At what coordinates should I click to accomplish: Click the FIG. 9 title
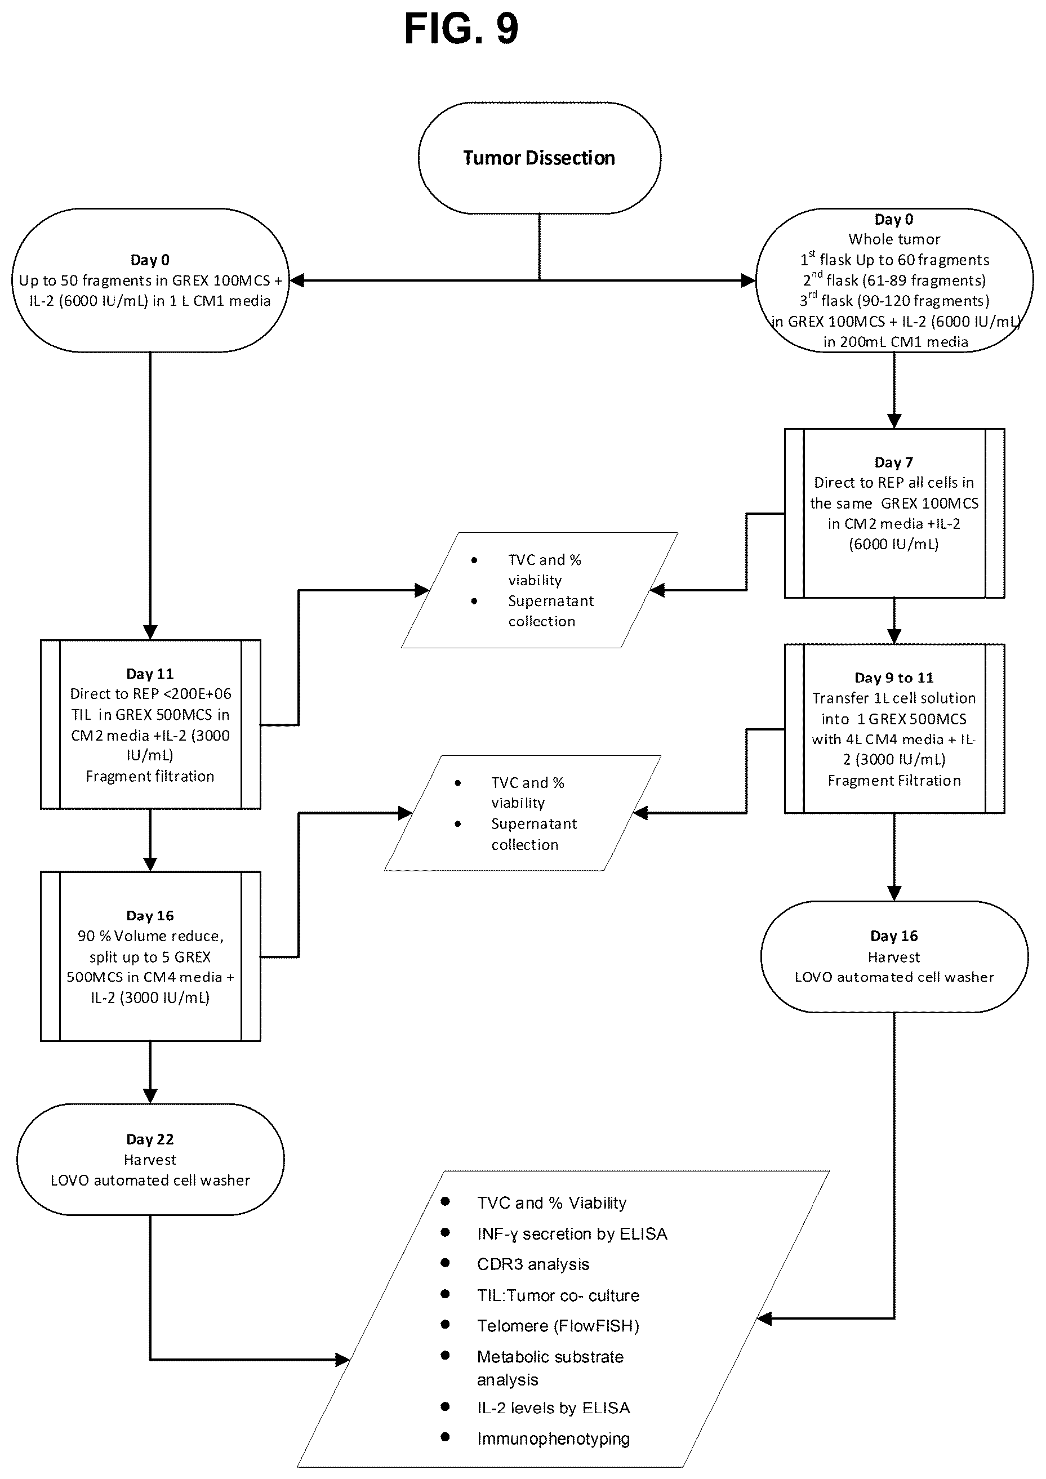(461, 29)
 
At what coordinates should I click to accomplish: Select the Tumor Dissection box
(539, 158)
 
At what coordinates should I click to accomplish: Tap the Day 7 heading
(893, 462)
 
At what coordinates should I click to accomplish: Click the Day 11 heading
(150, 674)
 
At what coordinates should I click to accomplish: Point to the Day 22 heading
(150, 1139)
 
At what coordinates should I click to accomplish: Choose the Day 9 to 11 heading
(894, 678)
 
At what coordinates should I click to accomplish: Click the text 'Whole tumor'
(894, 239)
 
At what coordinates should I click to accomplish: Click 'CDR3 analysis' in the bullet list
(533, 1264)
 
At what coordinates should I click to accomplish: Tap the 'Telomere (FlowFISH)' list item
(558, 1326)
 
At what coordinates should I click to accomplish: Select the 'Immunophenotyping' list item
(553, 1438)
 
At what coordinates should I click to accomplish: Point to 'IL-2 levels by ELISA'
(553, 1407)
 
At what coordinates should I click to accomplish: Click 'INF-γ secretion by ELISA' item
(572, 1233)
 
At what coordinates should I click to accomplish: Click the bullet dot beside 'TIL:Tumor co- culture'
(445, 1294)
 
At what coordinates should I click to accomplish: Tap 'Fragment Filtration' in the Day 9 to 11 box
(894, 781)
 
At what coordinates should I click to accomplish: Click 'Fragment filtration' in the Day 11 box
(150, 776)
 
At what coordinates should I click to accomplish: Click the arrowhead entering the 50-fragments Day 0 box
(296, 280)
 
